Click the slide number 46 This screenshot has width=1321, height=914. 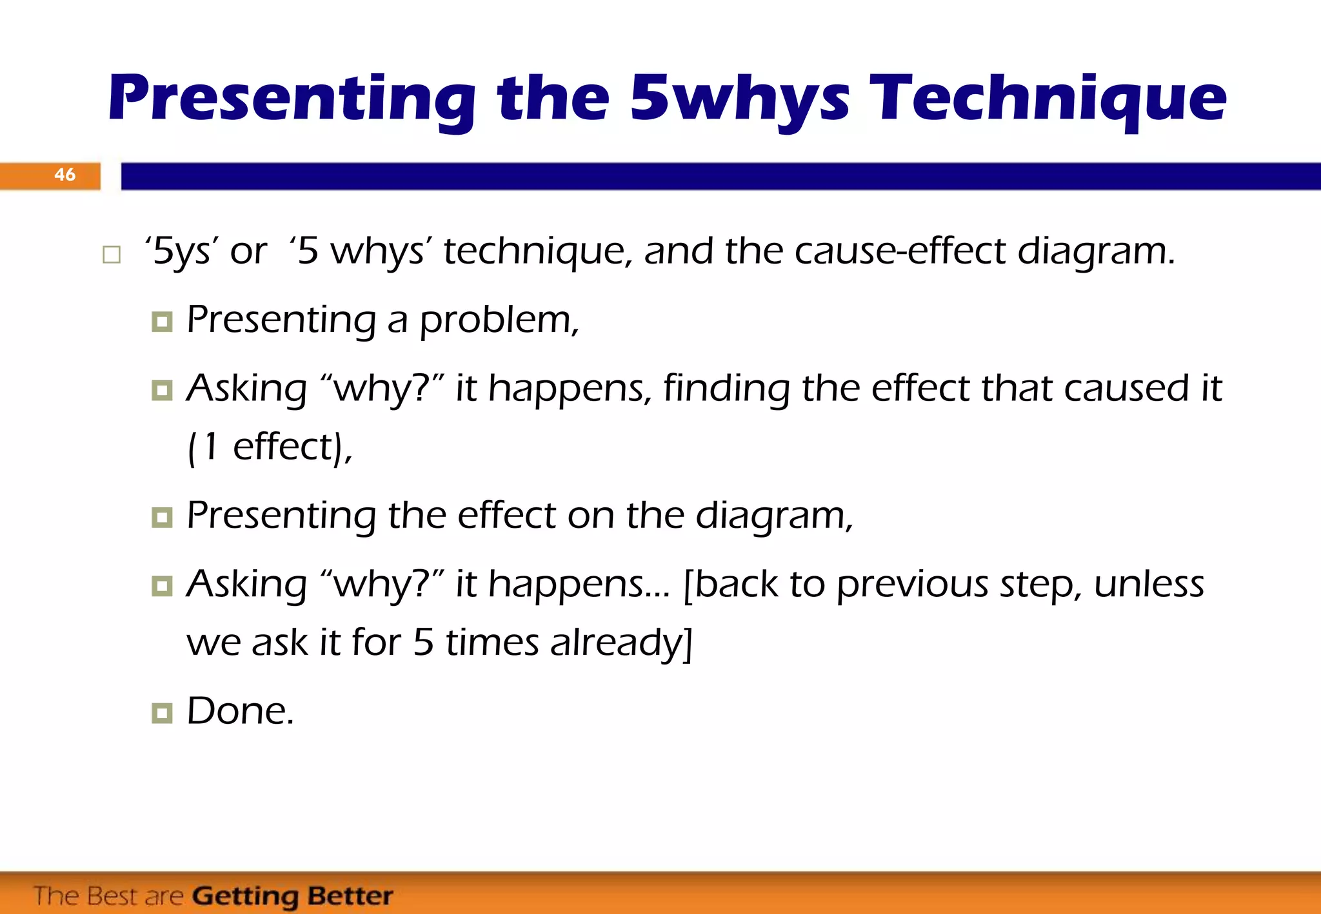[x=65, y=175]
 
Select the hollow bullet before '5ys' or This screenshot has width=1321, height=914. [x=112, y=255]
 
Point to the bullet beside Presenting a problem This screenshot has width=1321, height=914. [x=162, y=322]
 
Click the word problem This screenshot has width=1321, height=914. [x=499, y=320]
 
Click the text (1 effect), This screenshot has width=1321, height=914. [x=270, y=447]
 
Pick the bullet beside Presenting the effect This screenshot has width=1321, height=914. [x=162, y=517]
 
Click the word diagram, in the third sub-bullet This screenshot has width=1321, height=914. [x=774, y=516]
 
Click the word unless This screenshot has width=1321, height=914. [x=1149, y=584]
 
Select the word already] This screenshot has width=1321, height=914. [x=621, y=643]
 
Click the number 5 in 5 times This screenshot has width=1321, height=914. [x=423, y=643]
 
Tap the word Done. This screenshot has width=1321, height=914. [x=240, y=711]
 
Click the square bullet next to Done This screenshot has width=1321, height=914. [x=162, y=713]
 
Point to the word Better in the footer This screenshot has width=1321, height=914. [x=350, y=896]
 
